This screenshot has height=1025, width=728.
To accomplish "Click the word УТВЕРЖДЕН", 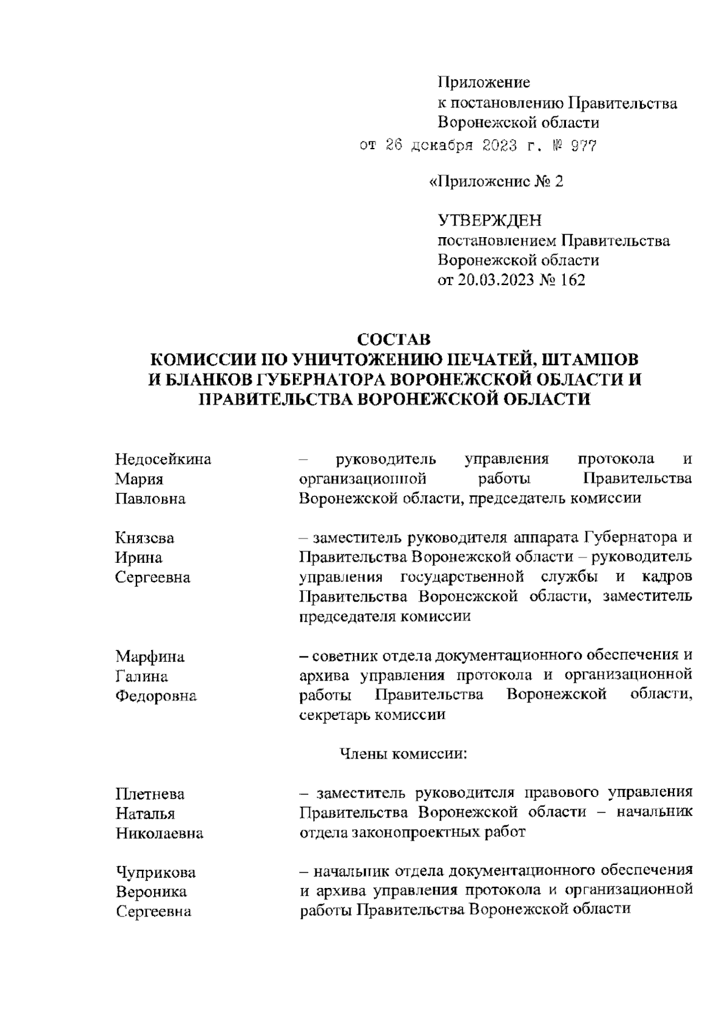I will [x=490, y=221].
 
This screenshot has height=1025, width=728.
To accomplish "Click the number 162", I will [x=571, y=280].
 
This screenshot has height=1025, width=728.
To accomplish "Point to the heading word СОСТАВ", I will [x=394, y=339].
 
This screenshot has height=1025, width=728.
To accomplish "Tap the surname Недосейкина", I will [x=163, y=459].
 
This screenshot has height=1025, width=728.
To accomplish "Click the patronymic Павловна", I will [x=150, y=499].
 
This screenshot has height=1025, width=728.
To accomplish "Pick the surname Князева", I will [x=145, y=538].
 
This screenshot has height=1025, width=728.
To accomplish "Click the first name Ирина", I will [x=139, y=557].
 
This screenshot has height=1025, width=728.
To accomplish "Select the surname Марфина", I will [x=150, y=656].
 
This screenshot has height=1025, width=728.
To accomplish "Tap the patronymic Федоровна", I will [x=156, y=696].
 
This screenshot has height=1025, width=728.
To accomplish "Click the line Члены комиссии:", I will [x=402, y=754].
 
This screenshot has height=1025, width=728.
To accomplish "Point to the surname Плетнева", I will [x=150, y=794].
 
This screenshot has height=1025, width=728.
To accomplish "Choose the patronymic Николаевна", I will [x=160, y=834].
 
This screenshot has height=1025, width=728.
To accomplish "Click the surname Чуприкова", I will [x=156, y=873].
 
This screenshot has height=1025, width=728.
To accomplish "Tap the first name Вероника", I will [x=151, y=892].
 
